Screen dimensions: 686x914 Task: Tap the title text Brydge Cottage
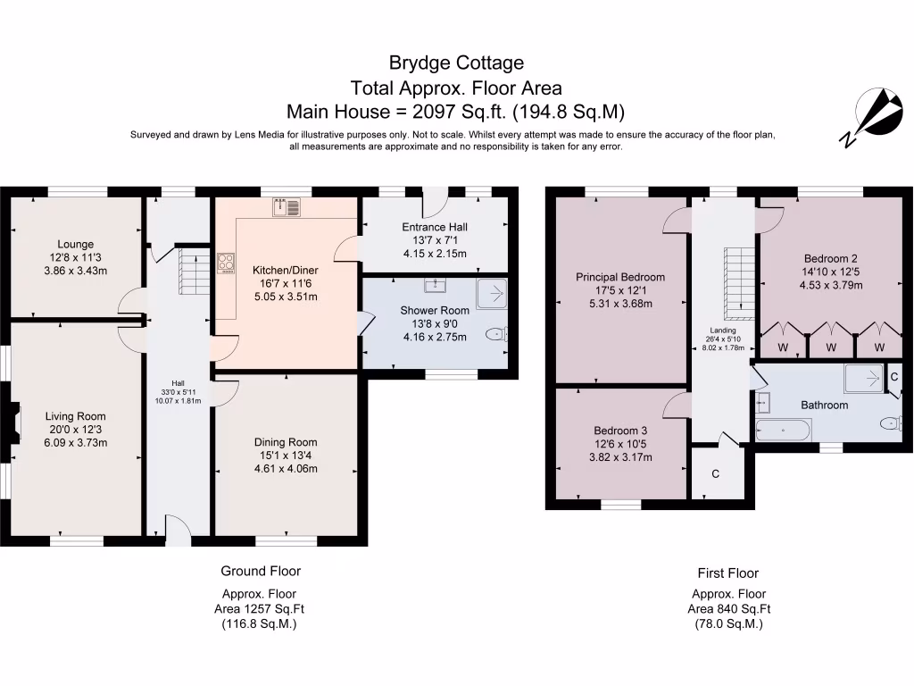tap(456, 63)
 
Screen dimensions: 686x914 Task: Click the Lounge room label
tap(75, 244)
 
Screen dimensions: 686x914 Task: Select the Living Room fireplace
tap(12, 422)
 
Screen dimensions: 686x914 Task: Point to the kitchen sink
tap(287, 207)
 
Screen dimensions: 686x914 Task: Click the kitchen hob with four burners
tap(225, 264)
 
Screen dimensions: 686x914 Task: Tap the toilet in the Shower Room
tap(495, 334)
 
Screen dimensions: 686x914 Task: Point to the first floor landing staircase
tap(737, 284)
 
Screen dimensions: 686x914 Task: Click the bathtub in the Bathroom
tap(784, 431)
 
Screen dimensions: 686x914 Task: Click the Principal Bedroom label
tap(620, 277)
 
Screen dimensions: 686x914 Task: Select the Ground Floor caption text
tap(261, 571)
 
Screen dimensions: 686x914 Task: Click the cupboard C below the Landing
tap(716, 474)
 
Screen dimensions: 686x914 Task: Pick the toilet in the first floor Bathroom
tap(890, 423)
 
